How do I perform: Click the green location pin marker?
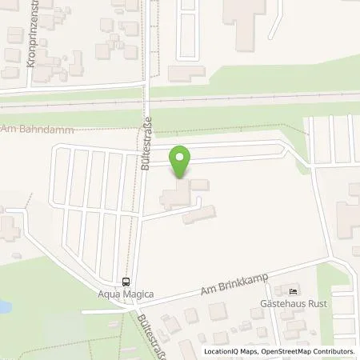(x=182, y=162)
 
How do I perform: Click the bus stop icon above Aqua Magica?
(x=126, y=281)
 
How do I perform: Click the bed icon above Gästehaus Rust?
(x=293, y=291)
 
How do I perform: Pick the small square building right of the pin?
(x=200, y=185)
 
